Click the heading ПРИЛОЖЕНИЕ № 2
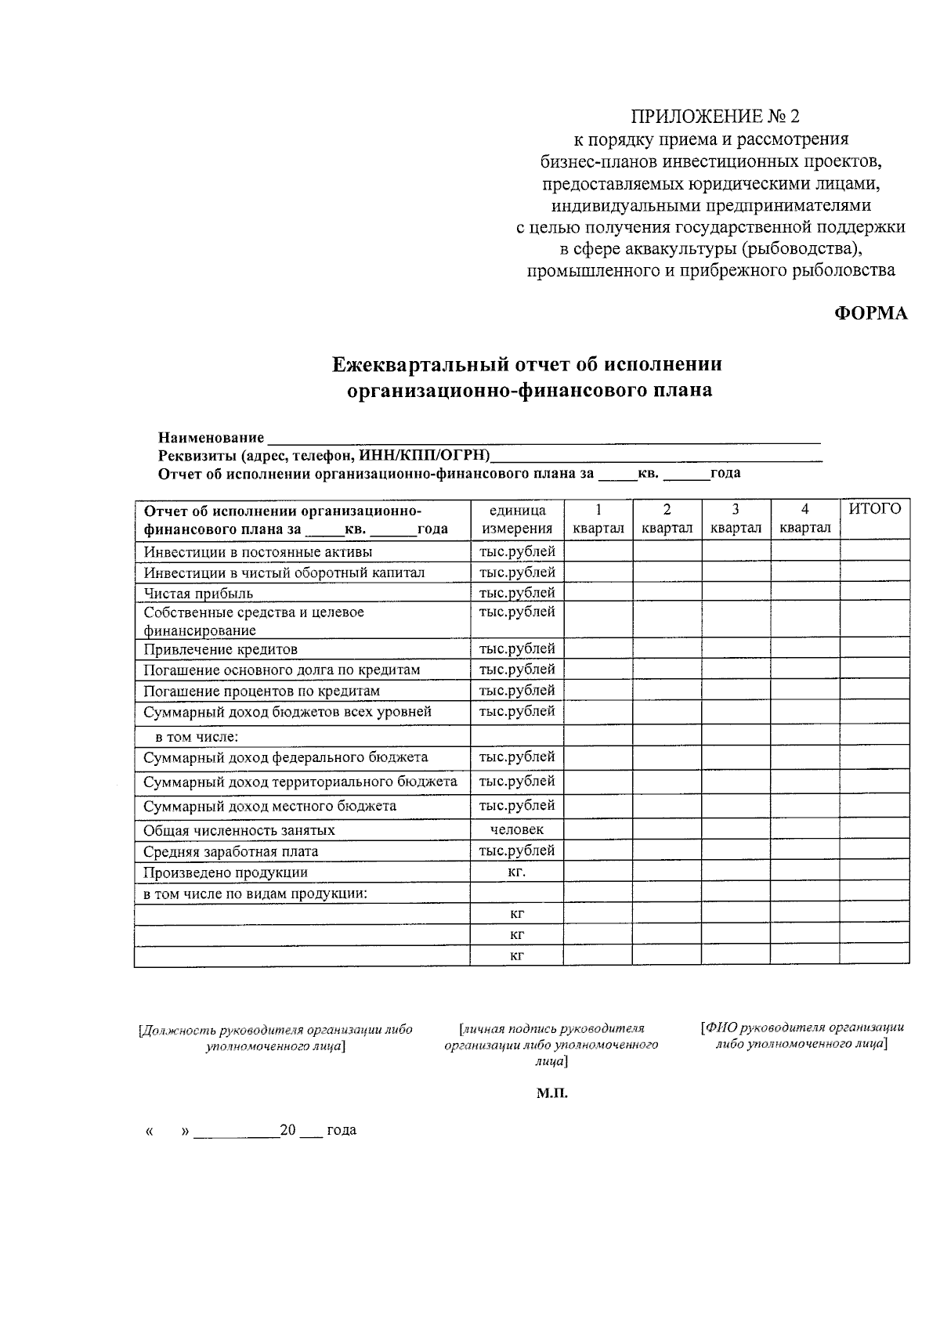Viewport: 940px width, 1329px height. point(717,117)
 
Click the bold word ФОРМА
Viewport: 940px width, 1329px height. point(870,313)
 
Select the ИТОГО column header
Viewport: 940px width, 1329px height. point(875,510)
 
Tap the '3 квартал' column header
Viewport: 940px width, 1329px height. point(736,518)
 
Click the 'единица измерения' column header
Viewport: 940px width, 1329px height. point(516,518)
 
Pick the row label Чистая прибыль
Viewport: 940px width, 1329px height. point(198,593)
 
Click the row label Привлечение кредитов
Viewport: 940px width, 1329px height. point(220,649)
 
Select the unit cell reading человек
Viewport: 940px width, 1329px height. point(516,829)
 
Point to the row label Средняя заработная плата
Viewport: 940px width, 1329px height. point(230,851)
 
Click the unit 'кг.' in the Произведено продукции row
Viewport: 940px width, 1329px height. point(516,872)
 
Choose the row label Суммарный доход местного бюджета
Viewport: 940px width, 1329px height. point(269,806)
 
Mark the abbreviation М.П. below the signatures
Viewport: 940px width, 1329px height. point(551,1093)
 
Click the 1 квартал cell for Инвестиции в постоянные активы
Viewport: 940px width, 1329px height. point(598,551)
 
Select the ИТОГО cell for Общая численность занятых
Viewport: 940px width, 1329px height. point(875,829)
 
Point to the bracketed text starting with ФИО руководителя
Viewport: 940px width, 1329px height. point(802,1036)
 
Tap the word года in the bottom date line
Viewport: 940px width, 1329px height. point(342,1130)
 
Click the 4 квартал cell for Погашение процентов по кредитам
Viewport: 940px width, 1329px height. point(804,691)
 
